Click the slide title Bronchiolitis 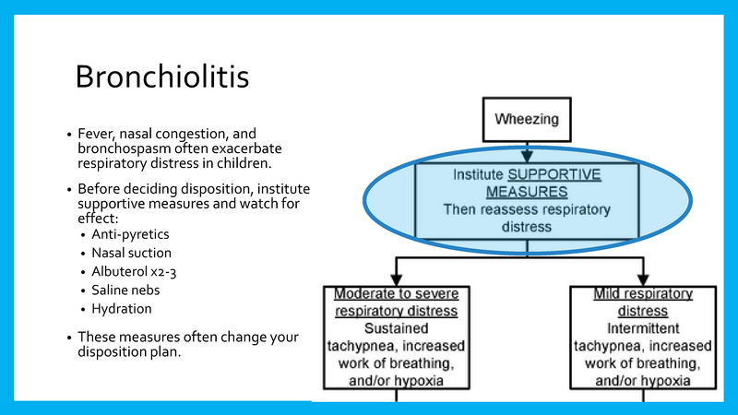[x=161, y=77]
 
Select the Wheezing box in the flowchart [x=526, y=119]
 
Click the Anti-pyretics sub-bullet [x=130, y=234]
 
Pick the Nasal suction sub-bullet [x=131, y=253]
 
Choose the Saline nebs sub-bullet [x=125, y=290]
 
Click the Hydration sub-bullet [x=122, y=308]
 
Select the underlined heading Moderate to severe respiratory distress [x=394, y=302]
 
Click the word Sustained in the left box [x=395, y=327]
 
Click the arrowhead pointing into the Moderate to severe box [x=395, y=278]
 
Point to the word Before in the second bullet [x=100, y=188]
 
